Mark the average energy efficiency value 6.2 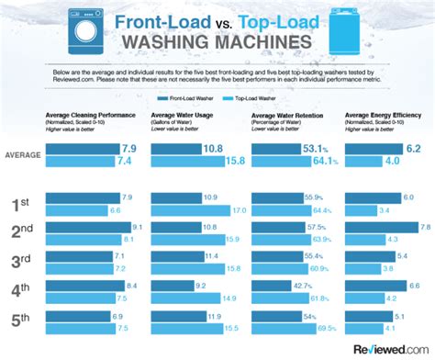click(412, 148)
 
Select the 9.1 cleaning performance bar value click(138, 227)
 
